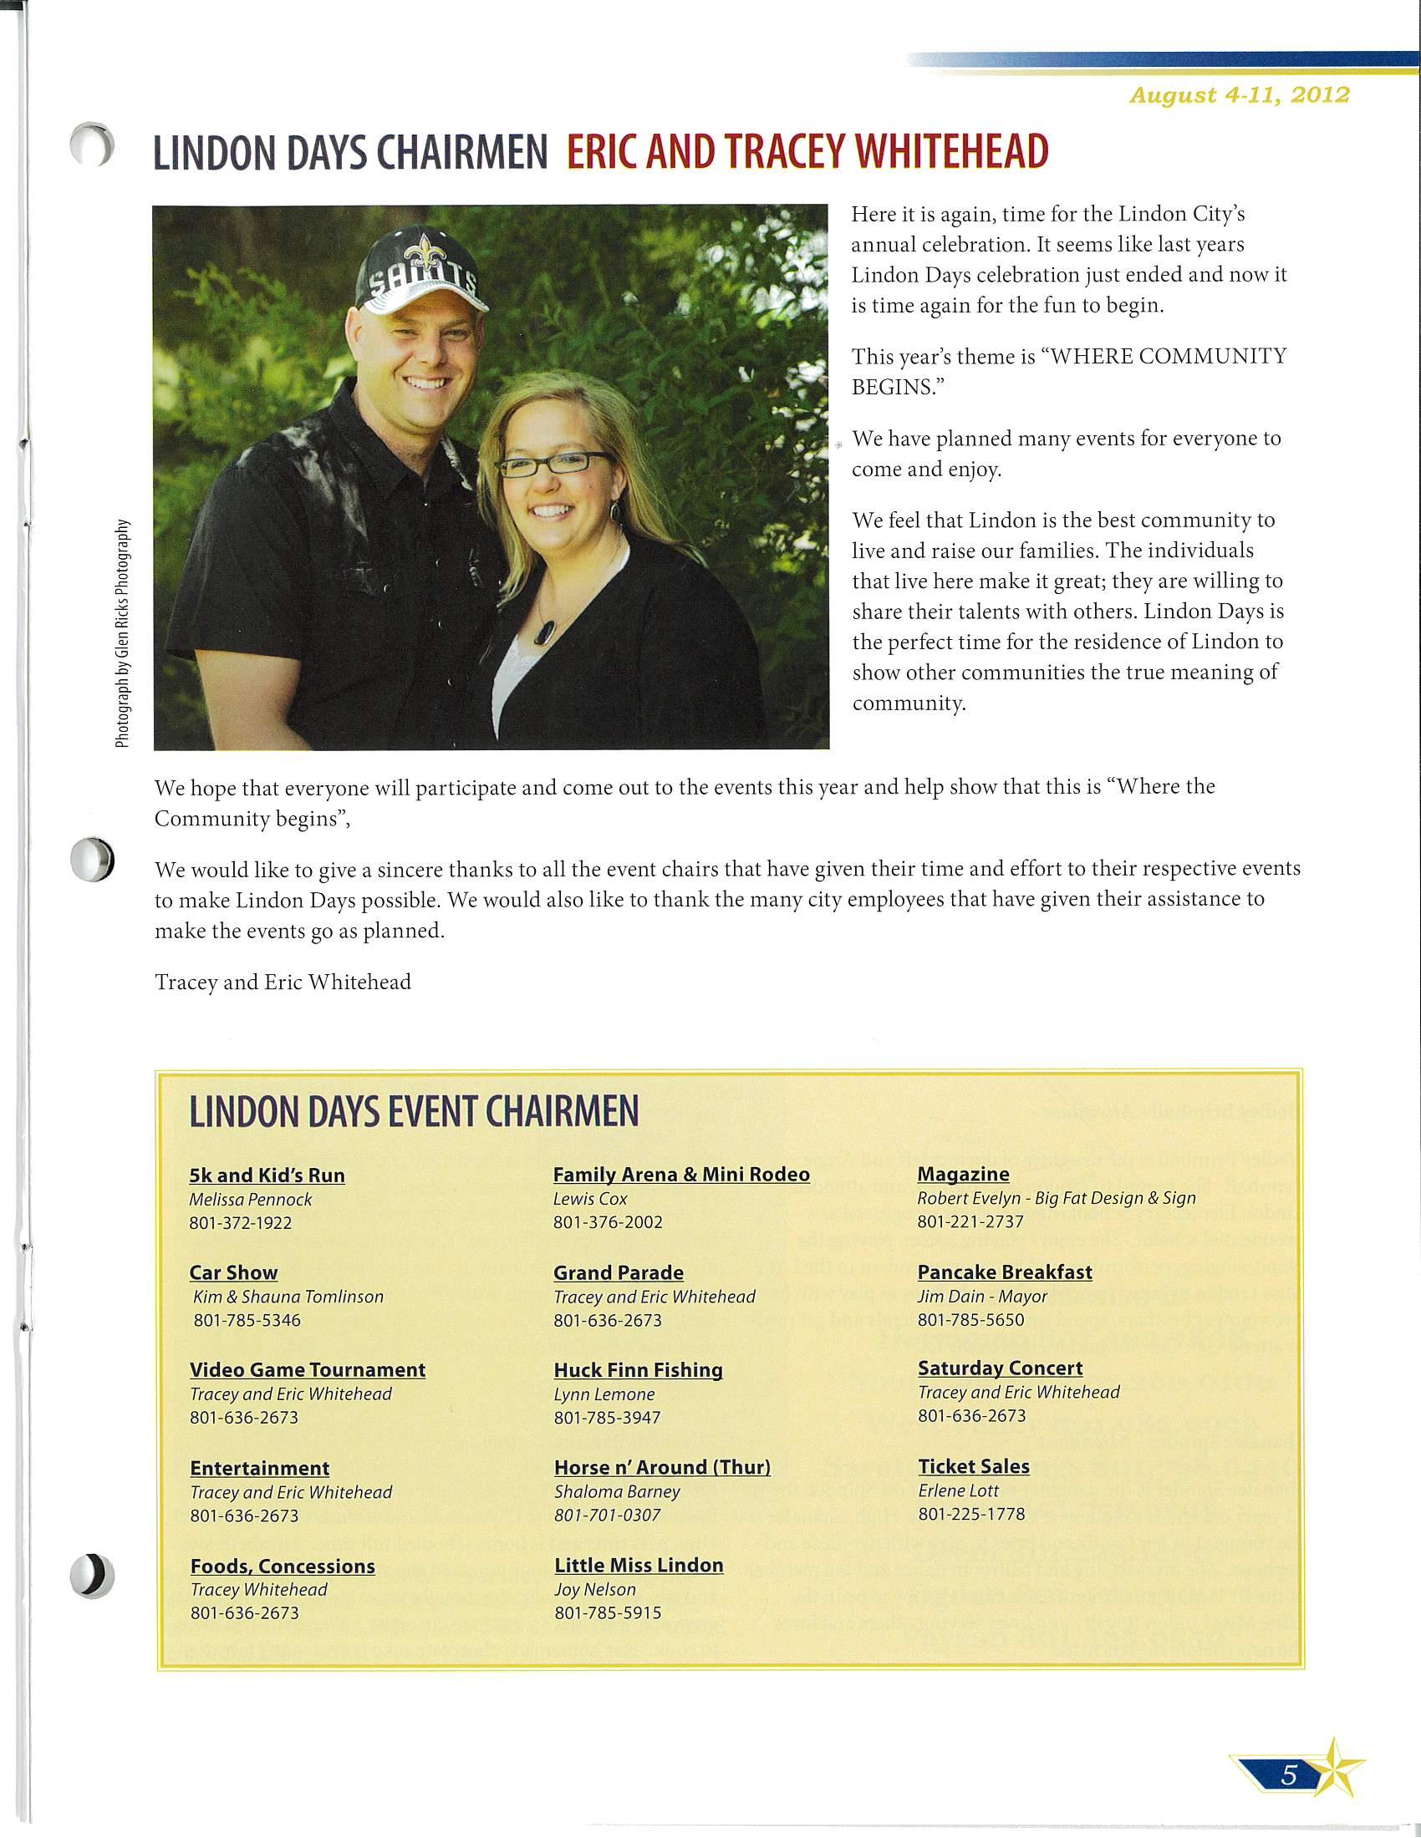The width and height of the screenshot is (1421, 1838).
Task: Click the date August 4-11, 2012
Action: tap(1239, 95)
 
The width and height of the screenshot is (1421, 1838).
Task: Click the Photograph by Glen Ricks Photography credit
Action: tap(124, 633)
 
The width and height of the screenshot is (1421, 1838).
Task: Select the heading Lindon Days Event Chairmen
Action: tap(413, 1112)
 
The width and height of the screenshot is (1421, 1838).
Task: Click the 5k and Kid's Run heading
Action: tap(267, 1175)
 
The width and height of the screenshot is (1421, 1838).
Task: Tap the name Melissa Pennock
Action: tap(250, 1199)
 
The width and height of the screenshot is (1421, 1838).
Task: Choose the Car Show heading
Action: tap(233, 1272)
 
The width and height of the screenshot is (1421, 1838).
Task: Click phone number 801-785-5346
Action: tap(247, 1319)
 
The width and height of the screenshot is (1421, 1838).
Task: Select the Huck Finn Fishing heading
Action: tap(638, 1370)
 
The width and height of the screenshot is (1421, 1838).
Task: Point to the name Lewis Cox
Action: tap(590, 1198)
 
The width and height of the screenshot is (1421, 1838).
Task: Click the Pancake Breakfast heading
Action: tap(1004, 1272)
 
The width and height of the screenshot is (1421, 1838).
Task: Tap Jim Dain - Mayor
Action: tap(981, 1296)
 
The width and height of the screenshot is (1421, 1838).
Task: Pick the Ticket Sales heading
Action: tap(973, 1466)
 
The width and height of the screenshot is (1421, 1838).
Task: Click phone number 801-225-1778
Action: tap(971, 1514)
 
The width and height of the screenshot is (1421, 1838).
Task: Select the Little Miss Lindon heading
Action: tap(639, 1565)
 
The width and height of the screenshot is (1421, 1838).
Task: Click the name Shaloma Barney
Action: tap(616, 1491)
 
